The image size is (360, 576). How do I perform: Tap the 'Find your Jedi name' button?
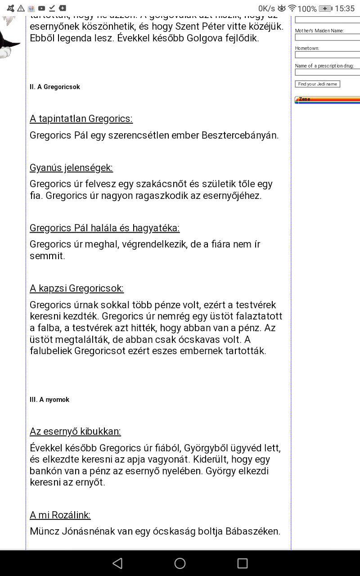point(317,84)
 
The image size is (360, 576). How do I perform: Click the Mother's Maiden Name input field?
point(327,37)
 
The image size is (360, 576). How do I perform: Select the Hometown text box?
point(327,55)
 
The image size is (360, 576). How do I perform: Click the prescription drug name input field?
point(327,72)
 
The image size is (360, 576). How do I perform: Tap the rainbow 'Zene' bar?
point(327,100)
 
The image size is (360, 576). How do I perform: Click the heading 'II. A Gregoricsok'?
point(55,87)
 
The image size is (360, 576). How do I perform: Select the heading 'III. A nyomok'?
point(49,400)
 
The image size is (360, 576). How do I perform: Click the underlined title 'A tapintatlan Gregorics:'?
point(81,119)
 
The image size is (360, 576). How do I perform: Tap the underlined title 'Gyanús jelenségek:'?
point(71,168)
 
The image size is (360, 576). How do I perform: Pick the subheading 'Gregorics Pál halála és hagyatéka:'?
point(104,228)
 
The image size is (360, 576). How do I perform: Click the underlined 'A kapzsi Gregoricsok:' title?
point(76,288)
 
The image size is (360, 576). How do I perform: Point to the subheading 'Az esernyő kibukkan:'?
point(75,432)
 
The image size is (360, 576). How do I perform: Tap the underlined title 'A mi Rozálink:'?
point(60,515)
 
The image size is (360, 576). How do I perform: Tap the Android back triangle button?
point(117,563)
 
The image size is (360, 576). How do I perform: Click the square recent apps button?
point(243,563)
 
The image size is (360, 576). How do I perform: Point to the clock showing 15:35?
point(345,9)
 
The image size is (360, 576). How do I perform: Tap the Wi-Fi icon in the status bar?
point(292,9)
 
